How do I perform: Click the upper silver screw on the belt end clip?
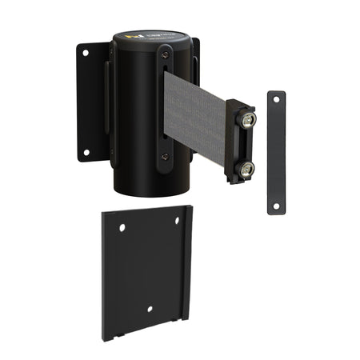coord(249,120)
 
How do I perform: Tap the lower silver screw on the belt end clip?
coord(246,168)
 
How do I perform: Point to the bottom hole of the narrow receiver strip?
coord(276,206)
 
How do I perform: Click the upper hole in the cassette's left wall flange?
coord(86,54)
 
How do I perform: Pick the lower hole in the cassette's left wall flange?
coord(86,152)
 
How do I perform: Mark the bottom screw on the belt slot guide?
coord(164,157)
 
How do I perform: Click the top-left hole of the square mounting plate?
coord(122,227)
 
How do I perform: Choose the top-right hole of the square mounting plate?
coord(178,220)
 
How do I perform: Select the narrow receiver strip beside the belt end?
coord(276,152)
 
